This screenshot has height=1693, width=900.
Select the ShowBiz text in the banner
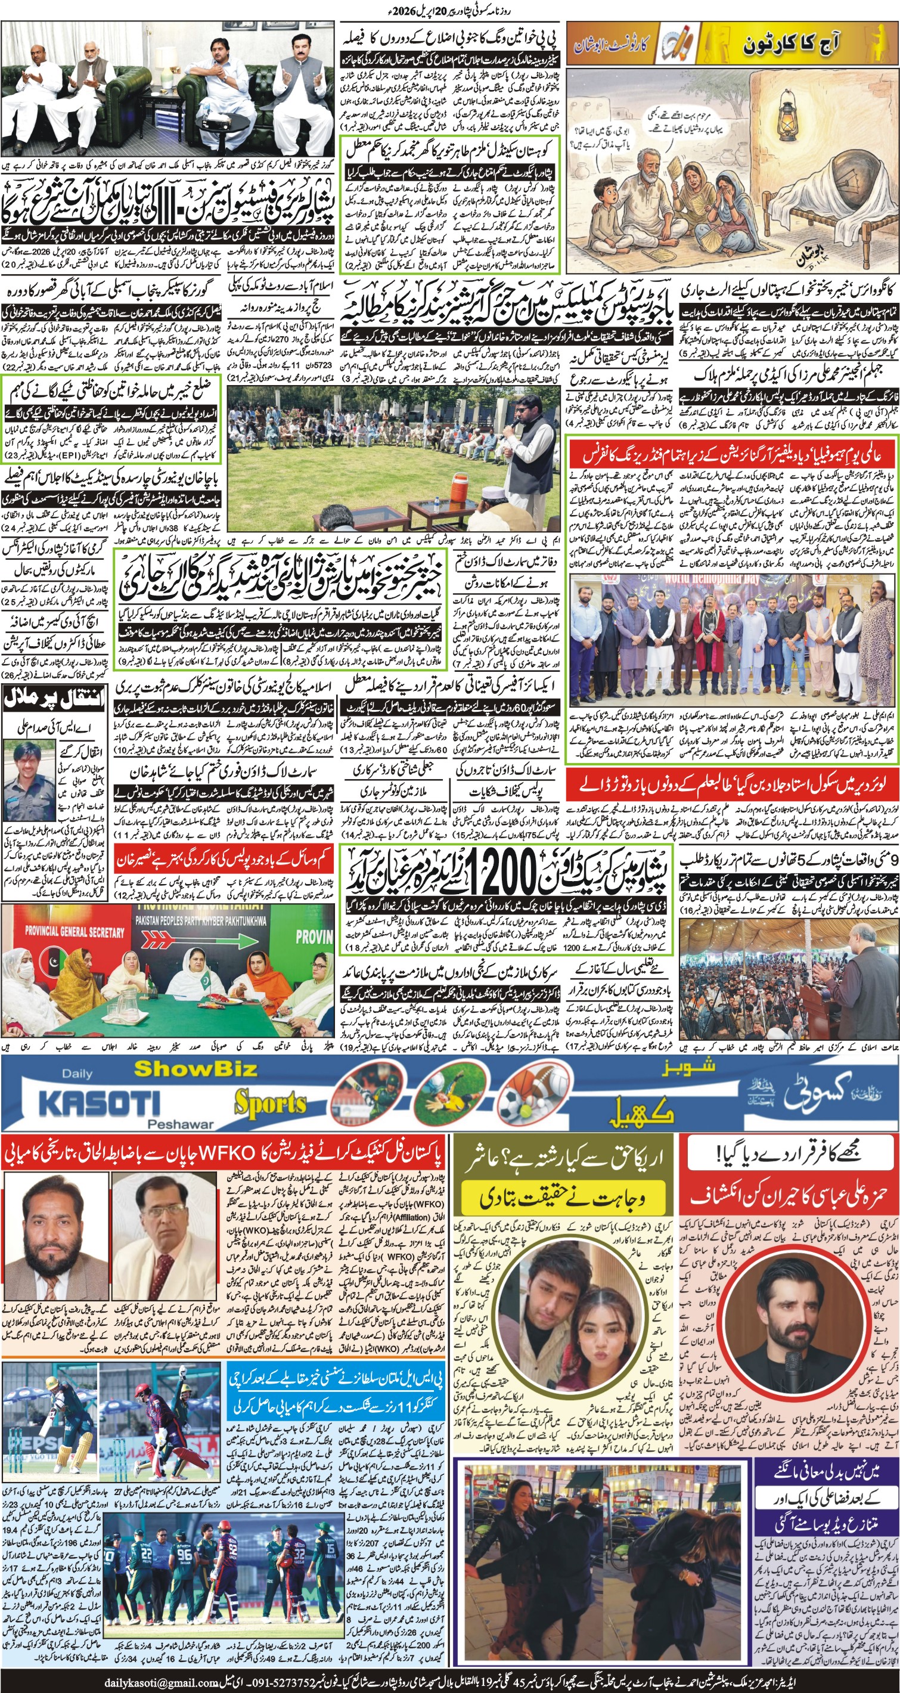click(x=195, y=1069)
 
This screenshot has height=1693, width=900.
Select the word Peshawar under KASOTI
click(x=181, y=1124)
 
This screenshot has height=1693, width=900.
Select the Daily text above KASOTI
click(x=77, y=1074)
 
